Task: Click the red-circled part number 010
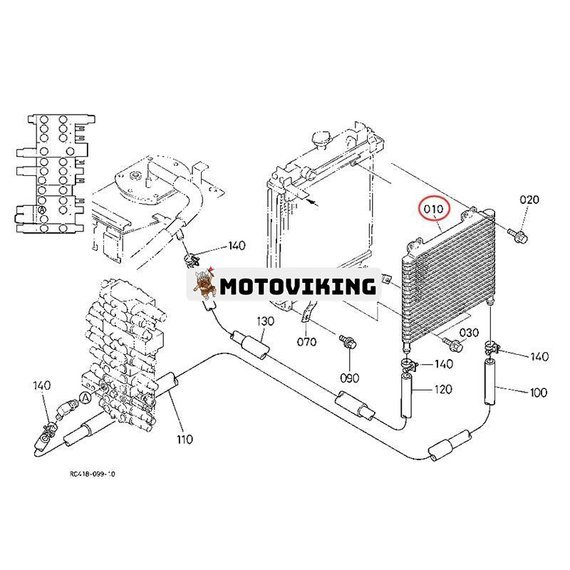[x=435, y=209]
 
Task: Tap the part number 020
[x=529, y=200]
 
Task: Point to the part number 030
[x=468, y=333]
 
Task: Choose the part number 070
[x=307, y=341]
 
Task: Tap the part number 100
[x=538, y=392]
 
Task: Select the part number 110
[x=184, y=439]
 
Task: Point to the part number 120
[x=442, y=389]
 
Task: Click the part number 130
[x=264, y=321]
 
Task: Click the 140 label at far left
[x=42, y=385]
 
